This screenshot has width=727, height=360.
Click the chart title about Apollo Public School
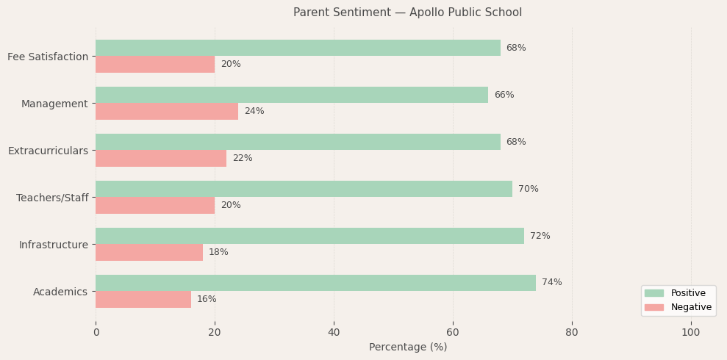tap(407, 12)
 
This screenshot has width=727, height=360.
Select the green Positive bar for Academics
tap(315, 283)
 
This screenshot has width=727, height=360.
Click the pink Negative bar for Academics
tap(143, 299)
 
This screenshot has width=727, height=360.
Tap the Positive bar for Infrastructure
tap(309, 236)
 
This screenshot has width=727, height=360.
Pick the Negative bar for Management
tap(167, 111)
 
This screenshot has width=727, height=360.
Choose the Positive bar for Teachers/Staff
tap(304, 189)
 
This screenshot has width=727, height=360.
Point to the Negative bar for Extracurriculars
tap(161, 158)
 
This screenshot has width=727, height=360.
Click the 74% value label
tap(551, 283)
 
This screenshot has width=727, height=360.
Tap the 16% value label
tap(207, 299)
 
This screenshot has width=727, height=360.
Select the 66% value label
tap(504, 95)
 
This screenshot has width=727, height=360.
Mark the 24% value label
tap(254, 111)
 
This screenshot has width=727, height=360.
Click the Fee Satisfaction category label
tap(48, 57)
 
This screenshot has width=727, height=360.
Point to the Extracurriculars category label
tap(48, 151)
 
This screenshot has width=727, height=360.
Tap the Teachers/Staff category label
tap(52, 198)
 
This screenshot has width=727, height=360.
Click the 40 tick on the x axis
tap(334, 332)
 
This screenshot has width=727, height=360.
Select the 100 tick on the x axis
tap(690, 332)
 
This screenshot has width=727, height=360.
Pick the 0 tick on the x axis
tap(96, 332)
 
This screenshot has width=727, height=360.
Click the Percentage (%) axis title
tap(407, 347)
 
